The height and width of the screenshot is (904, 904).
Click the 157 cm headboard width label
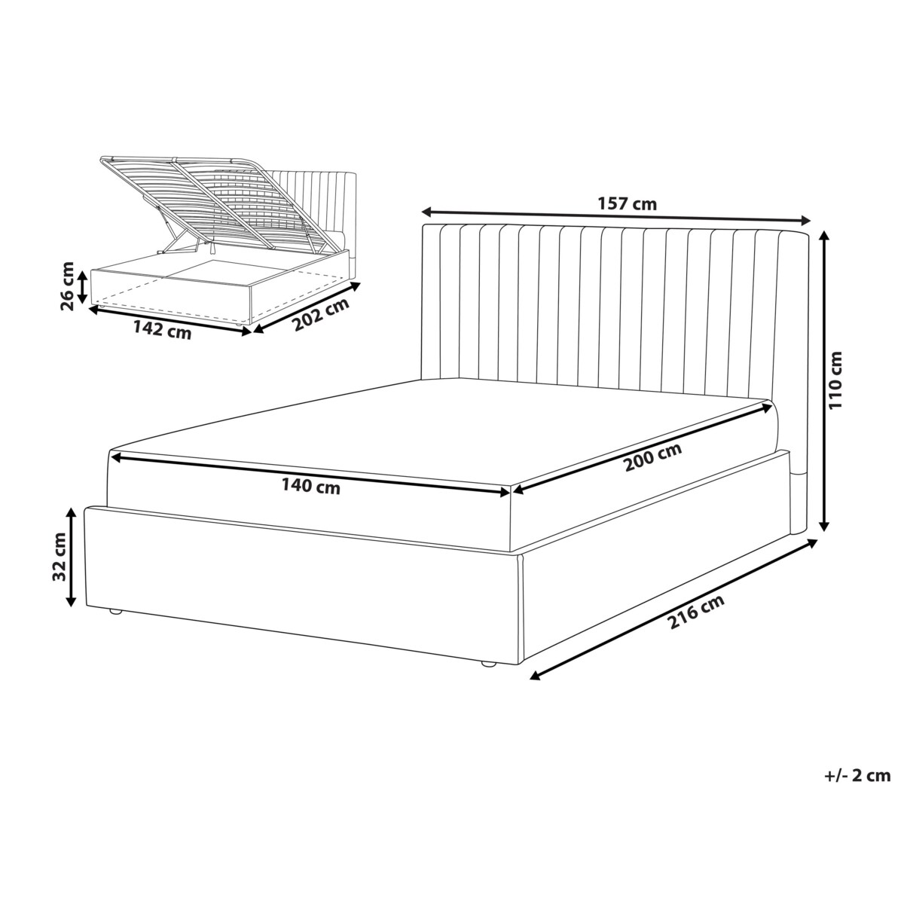coord(627,204)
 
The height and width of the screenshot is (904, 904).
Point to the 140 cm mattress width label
coord(310,486)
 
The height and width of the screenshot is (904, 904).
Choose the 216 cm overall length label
coord(696,611)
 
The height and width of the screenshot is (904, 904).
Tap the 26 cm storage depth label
coord(68,286)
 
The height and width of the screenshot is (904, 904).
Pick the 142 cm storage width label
coord(162,329)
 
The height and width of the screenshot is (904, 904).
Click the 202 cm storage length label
coord(322,314)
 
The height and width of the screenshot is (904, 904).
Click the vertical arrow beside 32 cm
coord(72,557)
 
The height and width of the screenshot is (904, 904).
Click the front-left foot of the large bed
coord(116,612)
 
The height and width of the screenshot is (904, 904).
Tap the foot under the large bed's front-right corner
coord(488,664)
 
